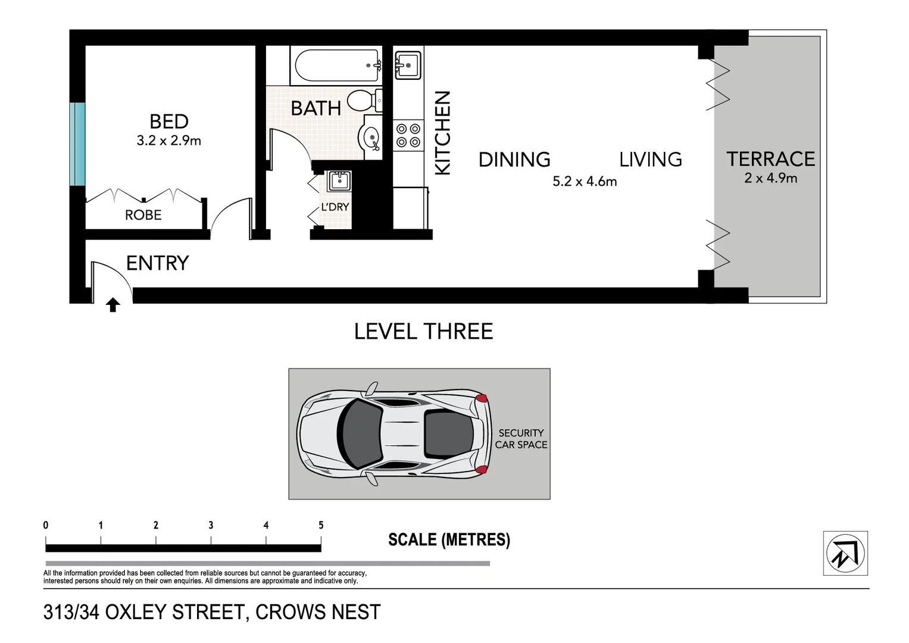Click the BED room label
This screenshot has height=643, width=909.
pos(169,121)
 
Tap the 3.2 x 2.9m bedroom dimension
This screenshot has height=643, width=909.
pos(169,141)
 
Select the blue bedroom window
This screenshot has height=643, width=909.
pos(77,144)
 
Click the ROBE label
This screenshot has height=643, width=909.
pos(143,215)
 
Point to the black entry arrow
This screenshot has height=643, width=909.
pos(113,305)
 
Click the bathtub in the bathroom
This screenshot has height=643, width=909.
pos(336,65)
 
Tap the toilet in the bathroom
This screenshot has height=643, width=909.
pos(363,100)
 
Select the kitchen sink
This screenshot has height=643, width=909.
pos(408,64)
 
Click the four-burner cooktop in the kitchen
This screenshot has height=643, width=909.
pos(408,135)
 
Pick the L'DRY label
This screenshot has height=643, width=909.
pos(335,207)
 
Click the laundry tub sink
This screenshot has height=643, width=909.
pos(340,180)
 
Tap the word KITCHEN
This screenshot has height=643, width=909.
pos(442,133)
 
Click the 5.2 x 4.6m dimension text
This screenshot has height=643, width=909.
pos(585,182)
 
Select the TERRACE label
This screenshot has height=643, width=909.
pos(770,159)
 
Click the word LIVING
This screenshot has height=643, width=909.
pos(650,160)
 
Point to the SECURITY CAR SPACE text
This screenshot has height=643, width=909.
pos(521,439)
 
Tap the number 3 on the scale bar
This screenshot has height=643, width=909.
pos(211,525)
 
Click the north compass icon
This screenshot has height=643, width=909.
pos(845,553)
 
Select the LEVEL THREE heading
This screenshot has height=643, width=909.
pos(423,332)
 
